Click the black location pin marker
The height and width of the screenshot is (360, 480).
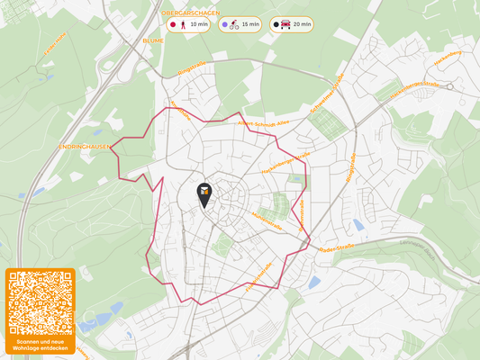(x=205, y=193)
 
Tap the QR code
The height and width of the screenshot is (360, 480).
(x=39, y=303)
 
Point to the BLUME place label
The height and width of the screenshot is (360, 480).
(x=153, y=40)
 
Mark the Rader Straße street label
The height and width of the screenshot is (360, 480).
(x=338, y=246)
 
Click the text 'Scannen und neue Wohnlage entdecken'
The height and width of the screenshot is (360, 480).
(x=39, y=346)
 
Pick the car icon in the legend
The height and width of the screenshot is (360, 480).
(x=285, y=24)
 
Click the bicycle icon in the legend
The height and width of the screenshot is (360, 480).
(x=234, y=24)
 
